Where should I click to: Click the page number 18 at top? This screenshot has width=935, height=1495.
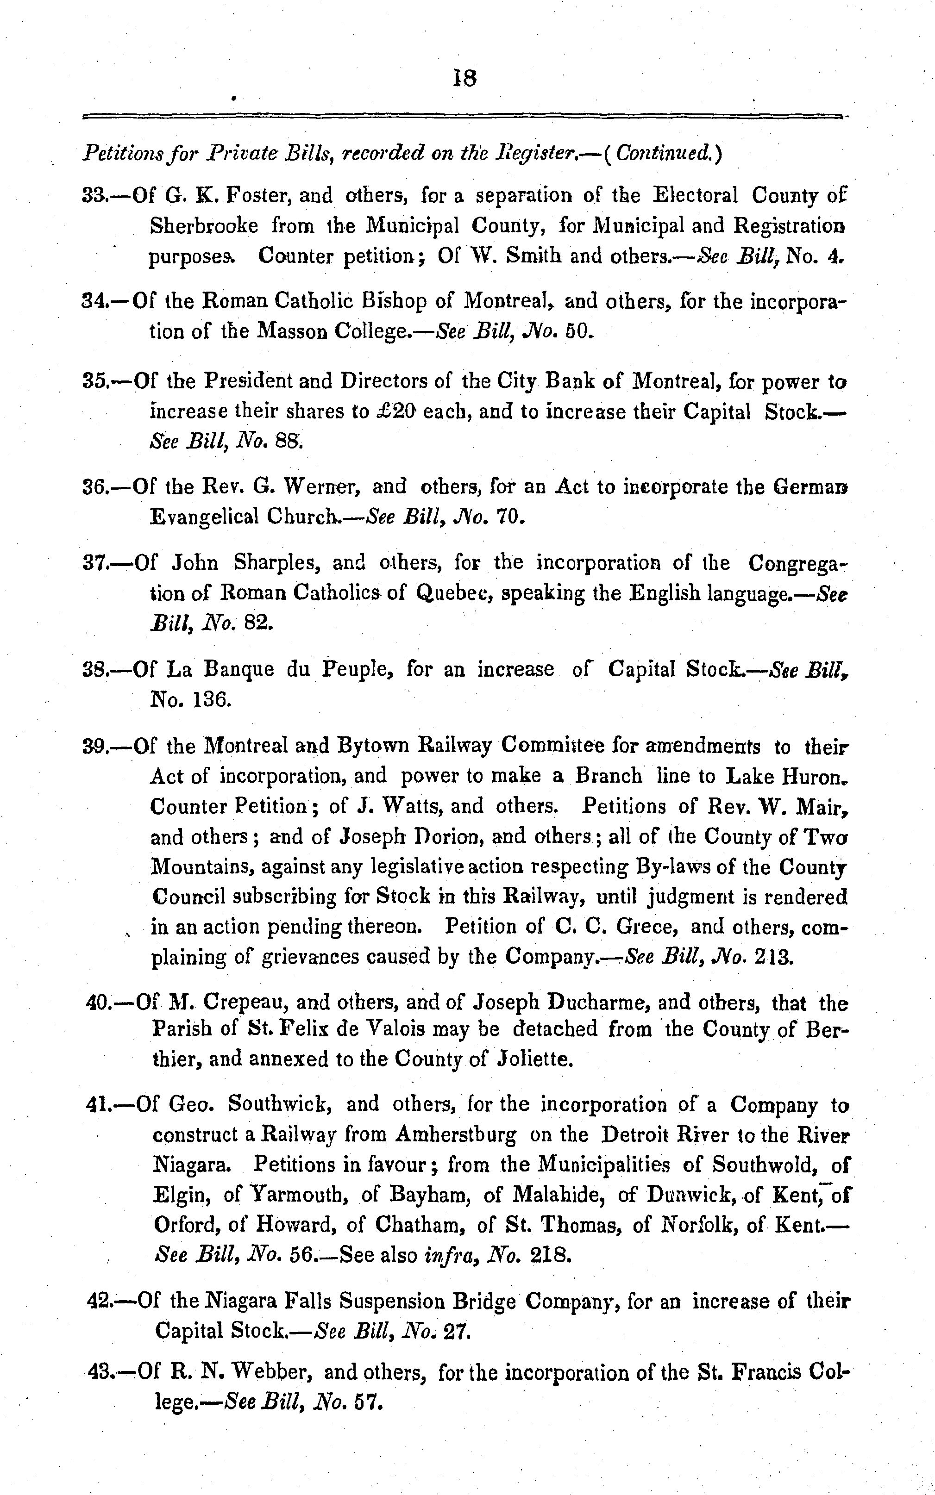pos(465,79)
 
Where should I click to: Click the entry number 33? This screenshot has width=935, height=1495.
pos(94,196)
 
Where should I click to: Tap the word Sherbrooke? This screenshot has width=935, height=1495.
pos(204,226)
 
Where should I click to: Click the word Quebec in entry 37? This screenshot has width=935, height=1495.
pos(452,593)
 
